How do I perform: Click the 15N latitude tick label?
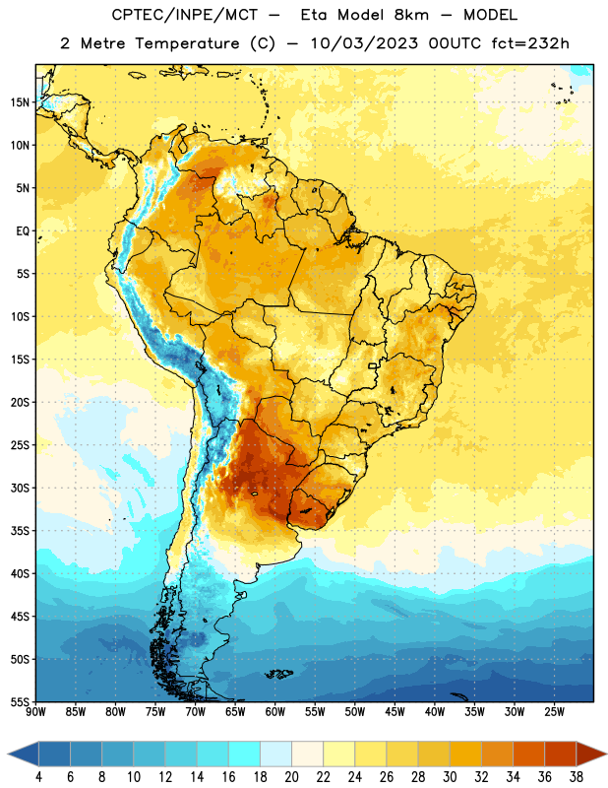pos(20,102)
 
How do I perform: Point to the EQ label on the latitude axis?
pos(23,231)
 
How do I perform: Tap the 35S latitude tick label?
pos(20,531)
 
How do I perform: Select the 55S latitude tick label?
pos(20,701)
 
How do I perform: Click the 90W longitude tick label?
pos(35,712)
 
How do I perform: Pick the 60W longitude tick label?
pos(275,712)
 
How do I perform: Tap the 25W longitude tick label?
pos(554,712)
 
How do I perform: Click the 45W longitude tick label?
pos(395,712)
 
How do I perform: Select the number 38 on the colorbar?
pos(577,777)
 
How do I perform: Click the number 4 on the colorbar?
pos(38,777)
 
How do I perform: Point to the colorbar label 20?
pos(291,777)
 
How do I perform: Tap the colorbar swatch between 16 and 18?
pos(245,755)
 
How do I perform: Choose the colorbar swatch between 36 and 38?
pos(561,755)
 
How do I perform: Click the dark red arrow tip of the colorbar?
pos(606,755)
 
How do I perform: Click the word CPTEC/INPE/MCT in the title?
pos(185,15)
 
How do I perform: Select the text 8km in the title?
pos(411,15)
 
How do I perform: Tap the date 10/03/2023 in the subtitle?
pos(364,43)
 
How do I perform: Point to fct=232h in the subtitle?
pos(530,43)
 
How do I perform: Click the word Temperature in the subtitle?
pos(187,44)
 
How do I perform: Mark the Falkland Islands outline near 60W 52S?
pos(278,674)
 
